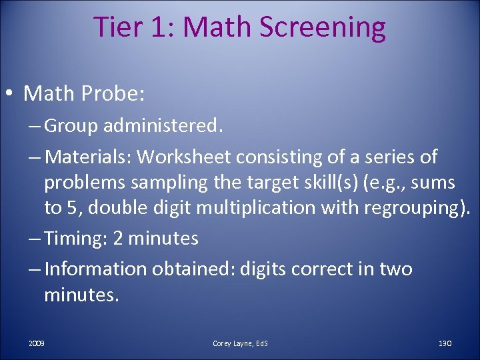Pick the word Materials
click(89, 157)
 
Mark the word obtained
click(193, 269)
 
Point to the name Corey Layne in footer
click(233, 343)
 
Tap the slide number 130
click(445, 343)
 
